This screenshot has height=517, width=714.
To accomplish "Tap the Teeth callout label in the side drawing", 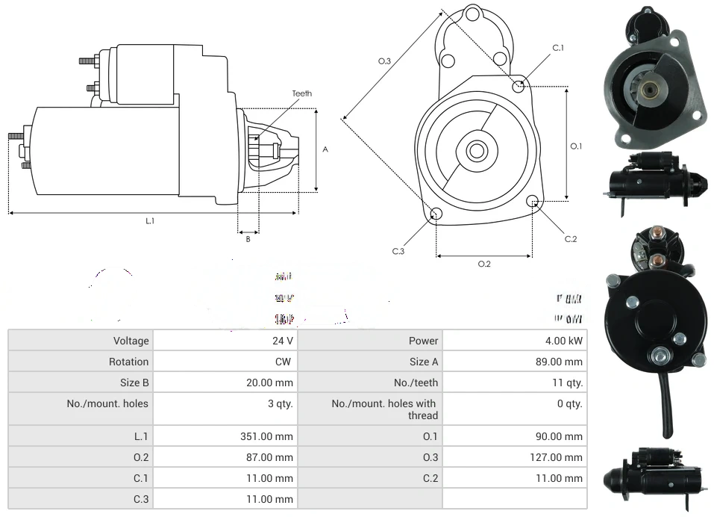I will coord(301,93).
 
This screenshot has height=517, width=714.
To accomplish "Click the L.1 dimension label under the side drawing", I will coord(150,220).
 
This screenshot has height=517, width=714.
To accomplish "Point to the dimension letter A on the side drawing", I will coord(325,149).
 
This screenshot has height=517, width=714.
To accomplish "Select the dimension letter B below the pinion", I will coord(248,239).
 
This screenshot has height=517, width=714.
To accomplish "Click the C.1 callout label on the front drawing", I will coord(558,48).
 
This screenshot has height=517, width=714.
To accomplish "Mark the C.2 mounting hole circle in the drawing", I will coord(533,201).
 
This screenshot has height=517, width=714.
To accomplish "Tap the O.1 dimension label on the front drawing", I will coord(576,146).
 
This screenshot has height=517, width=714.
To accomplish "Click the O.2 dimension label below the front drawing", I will coord(484,264).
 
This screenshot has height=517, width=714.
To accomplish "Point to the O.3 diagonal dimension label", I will coord(384,61).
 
